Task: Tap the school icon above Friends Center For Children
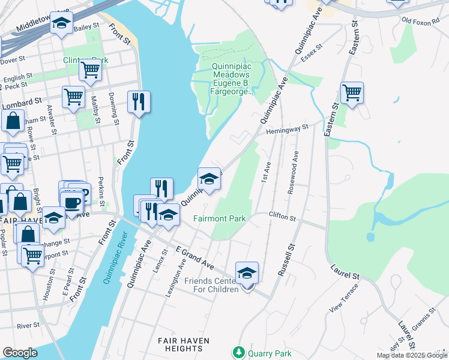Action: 247,273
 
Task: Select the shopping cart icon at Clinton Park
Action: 90,69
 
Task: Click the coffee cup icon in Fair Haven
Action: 71,202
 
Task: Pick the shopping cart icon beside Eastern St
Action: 352,93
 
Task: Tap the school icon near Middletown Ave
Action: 61,23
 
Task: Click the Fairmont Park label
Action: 219,219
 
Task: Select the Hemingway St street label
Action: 288,128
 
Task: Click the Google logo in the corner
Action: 20,353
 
